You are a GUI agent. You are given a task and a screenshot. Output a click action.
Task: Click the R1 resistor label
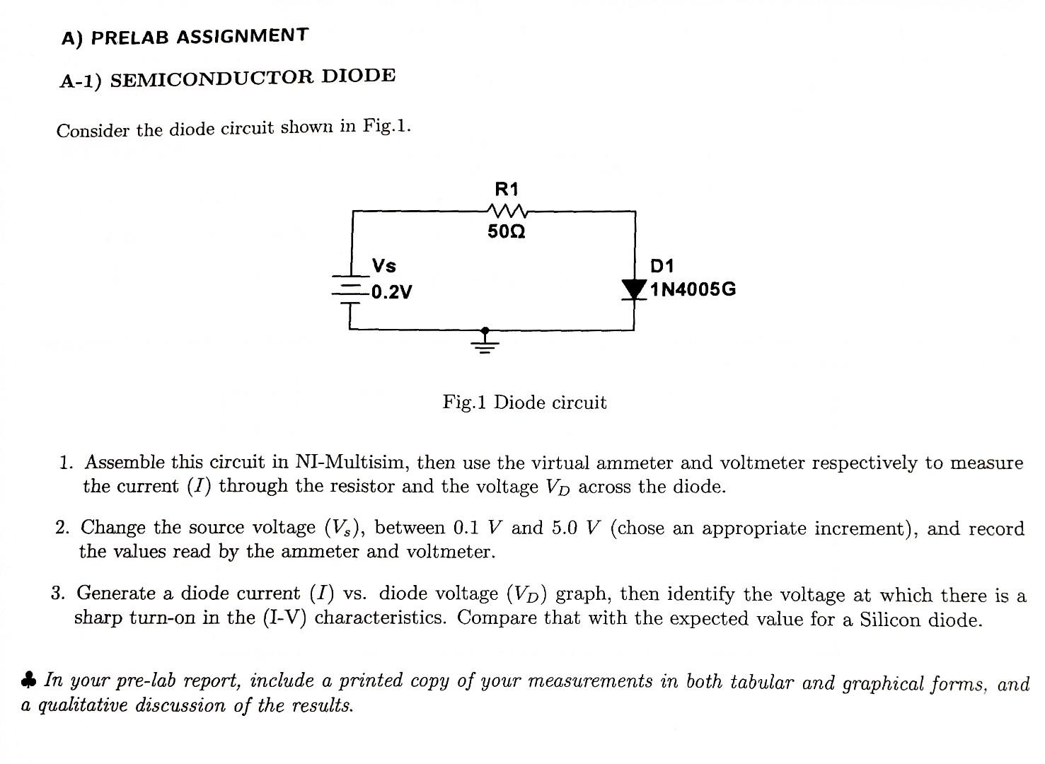point(507,190)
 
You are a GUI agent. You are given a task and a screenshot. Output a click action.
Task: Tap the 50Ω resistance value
point(507,232)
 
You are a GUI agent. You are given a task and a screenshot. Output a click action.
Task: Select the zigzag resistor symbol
point(507,210)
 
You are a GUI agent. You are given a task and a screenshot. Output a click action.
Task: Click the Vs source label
point(384,266)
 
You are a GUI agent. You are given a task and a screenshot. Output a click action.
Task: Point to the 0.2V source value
point(391,291)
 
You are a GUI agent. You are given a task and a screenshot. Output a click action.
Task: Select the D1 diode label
point(662,266)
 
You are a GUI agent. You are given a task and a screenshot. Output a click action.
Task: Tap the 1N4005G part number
point(693,289)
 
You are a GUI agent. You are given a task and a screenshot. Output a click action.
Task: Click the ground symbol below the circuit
point(485,342)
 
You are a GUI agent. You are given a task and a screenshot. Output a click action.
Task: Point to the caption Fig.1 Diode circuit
point(524,403)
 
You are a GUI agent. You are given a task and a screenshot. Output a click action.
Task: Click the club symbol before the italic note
point(28,681)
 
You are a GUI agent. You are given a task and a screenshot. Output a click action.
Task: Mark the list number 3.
point(58,593)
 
